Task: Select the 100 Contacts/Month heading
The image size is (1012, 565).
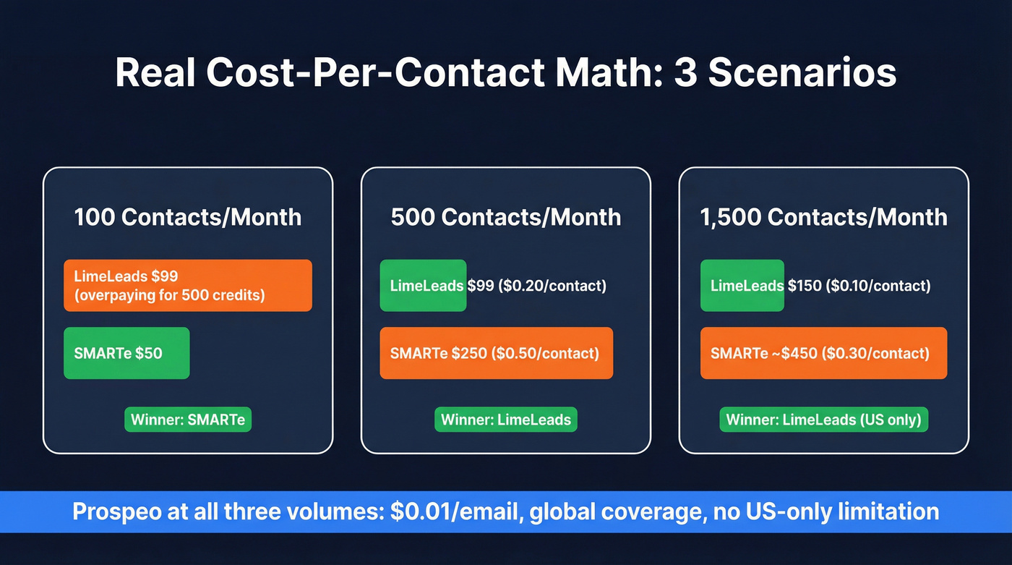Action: click(188, 217)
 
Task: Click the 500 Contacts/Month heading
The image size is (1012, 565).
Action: click(506, 217)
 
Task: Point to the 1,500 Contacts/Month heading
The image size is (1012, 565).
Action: click(824, 217)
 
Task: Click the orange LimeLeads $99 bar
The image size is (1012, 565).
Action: click(188, 285)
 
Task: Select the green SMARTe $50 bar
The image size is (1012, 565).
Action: click(126, 353)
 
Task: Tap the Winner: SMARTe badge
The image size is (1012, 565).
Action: click(188, 420)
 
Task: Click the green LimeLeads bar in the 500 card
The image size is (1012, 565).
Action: click(424, 286)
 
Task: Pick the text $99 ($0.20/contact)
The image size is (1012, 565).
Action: click(536, 286)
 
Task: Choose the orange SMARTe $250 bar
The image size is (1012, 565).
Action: click(497, 353)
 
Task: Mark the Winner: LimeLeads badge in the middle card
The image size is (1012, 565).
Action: click(506, 420)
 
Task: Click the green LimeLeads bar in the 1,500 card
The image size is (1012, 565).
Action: click(742, 286)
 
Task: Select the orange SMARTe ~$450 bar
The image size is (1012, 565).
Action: click(823, 353)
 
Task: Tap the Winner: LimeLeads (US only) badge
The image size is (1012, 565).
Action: click(824, 420)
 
